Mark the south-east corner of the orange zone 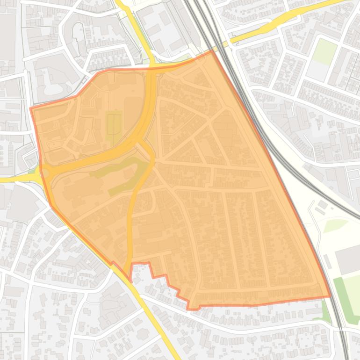(330, 296)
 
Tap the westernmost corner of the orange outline (31, 109)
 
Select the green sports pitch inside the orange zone (114, 125)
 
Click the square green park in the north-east (324, 51)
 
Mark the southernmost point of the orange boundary (189, 309)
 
